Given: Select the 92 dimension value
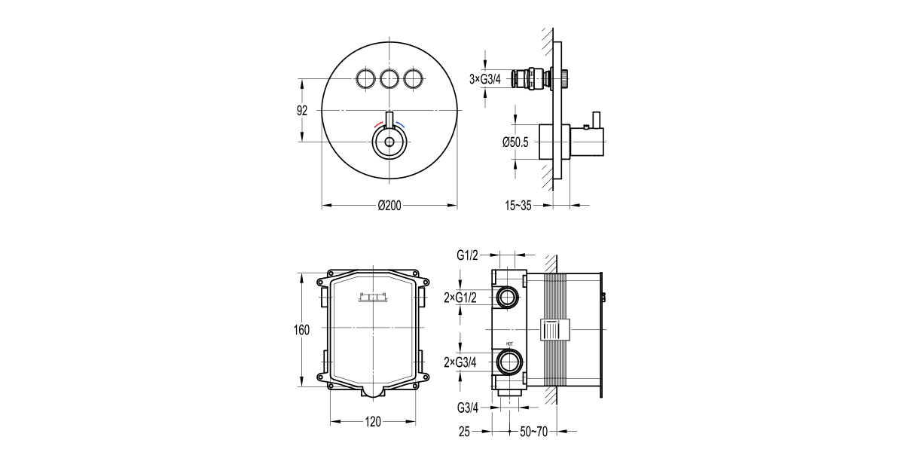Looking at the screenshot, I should click(x=302, y=110).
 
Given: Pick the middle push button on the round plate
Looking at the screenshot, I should click(x=389, y=78).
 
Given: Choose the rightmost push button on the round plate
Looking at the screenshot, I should click(x=414, y=78).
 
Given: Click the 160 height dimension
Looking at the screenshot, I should click(x=301, y=329).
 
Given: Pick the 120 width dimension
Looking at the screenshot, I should click(x=373, y=422).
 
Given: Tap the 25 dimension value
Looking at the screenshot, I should click(x=464, y=431).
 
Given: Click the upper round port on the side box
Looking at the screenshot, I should click(x=508, y=298).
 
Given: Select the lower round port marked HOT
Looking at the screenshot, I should click(x=508, y=362).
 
